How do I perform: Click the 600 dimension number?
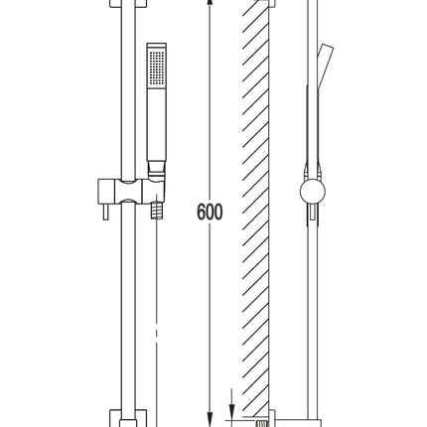coord(210,212)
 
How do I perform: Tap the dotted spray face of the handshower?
coord(157,68)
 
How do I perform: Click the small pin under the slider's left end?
coord(105,212)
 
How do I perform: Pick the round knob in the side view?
coord(313,192)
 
